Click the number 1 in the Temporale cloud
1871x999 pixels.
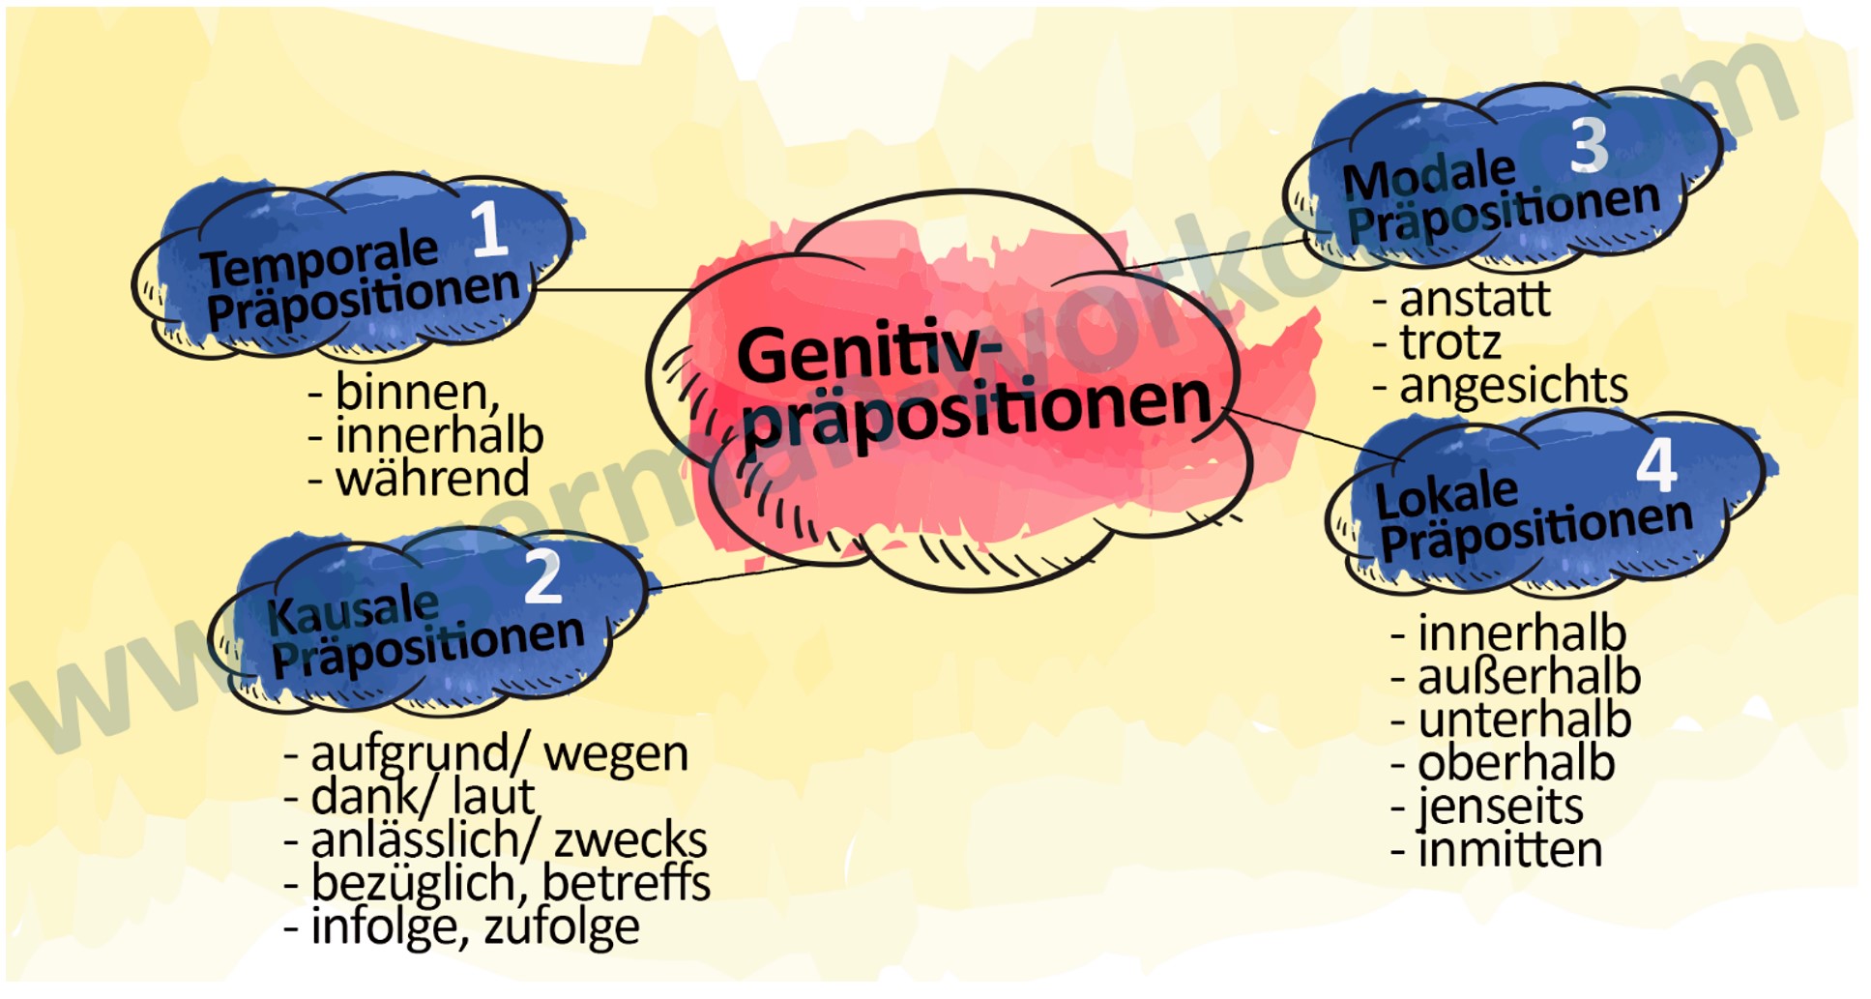tap(490, 229)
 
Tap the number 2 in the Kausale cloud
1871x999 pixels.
tap(542, 577)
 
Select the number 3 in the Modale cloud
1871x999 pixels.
tap(1589, 146)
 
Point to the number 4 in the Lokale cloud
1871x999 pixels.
tap(1655, 466)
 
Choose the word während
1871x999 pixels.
tap(432, 479)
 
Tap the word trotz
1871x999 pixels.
tap(1450, 342)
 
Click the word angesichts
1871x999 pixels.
tap(1513, 386)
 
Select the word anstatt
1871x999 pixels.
tap(1475, 299)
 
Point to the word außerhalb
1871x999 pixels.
tap(1529, 677)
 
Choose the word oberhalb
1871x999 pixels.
tap(1516, 764)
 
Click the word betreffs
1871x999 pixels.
tap(627, 883)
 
